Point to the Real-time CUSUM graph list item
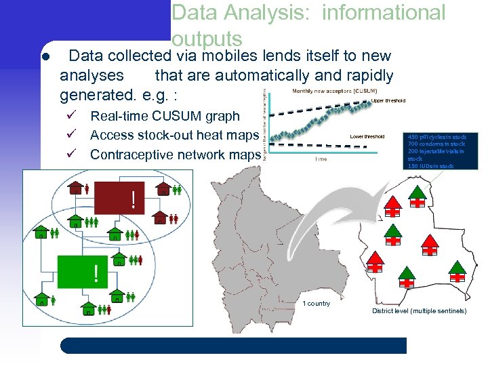click(165, 117)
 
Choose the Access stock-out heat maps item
click(174, 136)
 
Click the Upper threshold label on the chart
click(388, 100)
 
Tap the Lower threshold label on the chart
click(367, 136)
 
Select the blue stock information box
click(437, 149)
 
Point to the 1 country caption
click(316, 303)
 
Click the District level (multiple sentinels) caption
click(419, 310)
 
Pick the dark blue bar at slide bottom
click(234, 346)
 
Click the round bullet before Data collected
click(42, 55)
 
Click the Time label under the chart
click(321, 159)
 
